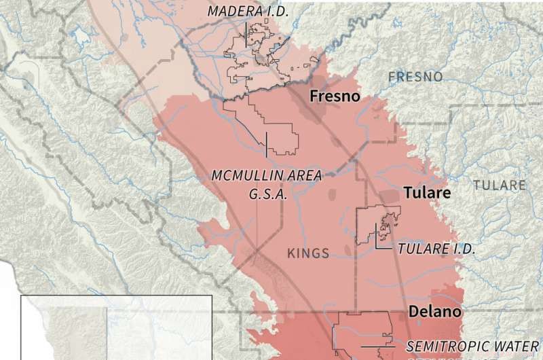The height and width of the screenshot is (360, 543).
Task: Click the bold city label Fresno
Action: click(334, 96)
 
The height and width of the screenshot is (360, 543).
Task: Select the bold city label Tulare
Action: click(428, 193)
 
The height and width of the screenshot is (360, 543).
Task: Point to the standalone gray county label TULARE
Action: click(500, 185)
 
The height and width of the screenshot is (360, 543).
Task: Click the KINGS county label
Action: click(308, 253)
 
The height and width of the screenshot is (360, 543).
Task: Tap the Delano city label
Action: click(435, 311)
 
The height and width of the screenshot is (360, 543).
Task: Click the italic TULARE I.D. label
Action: click(436, 248)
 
